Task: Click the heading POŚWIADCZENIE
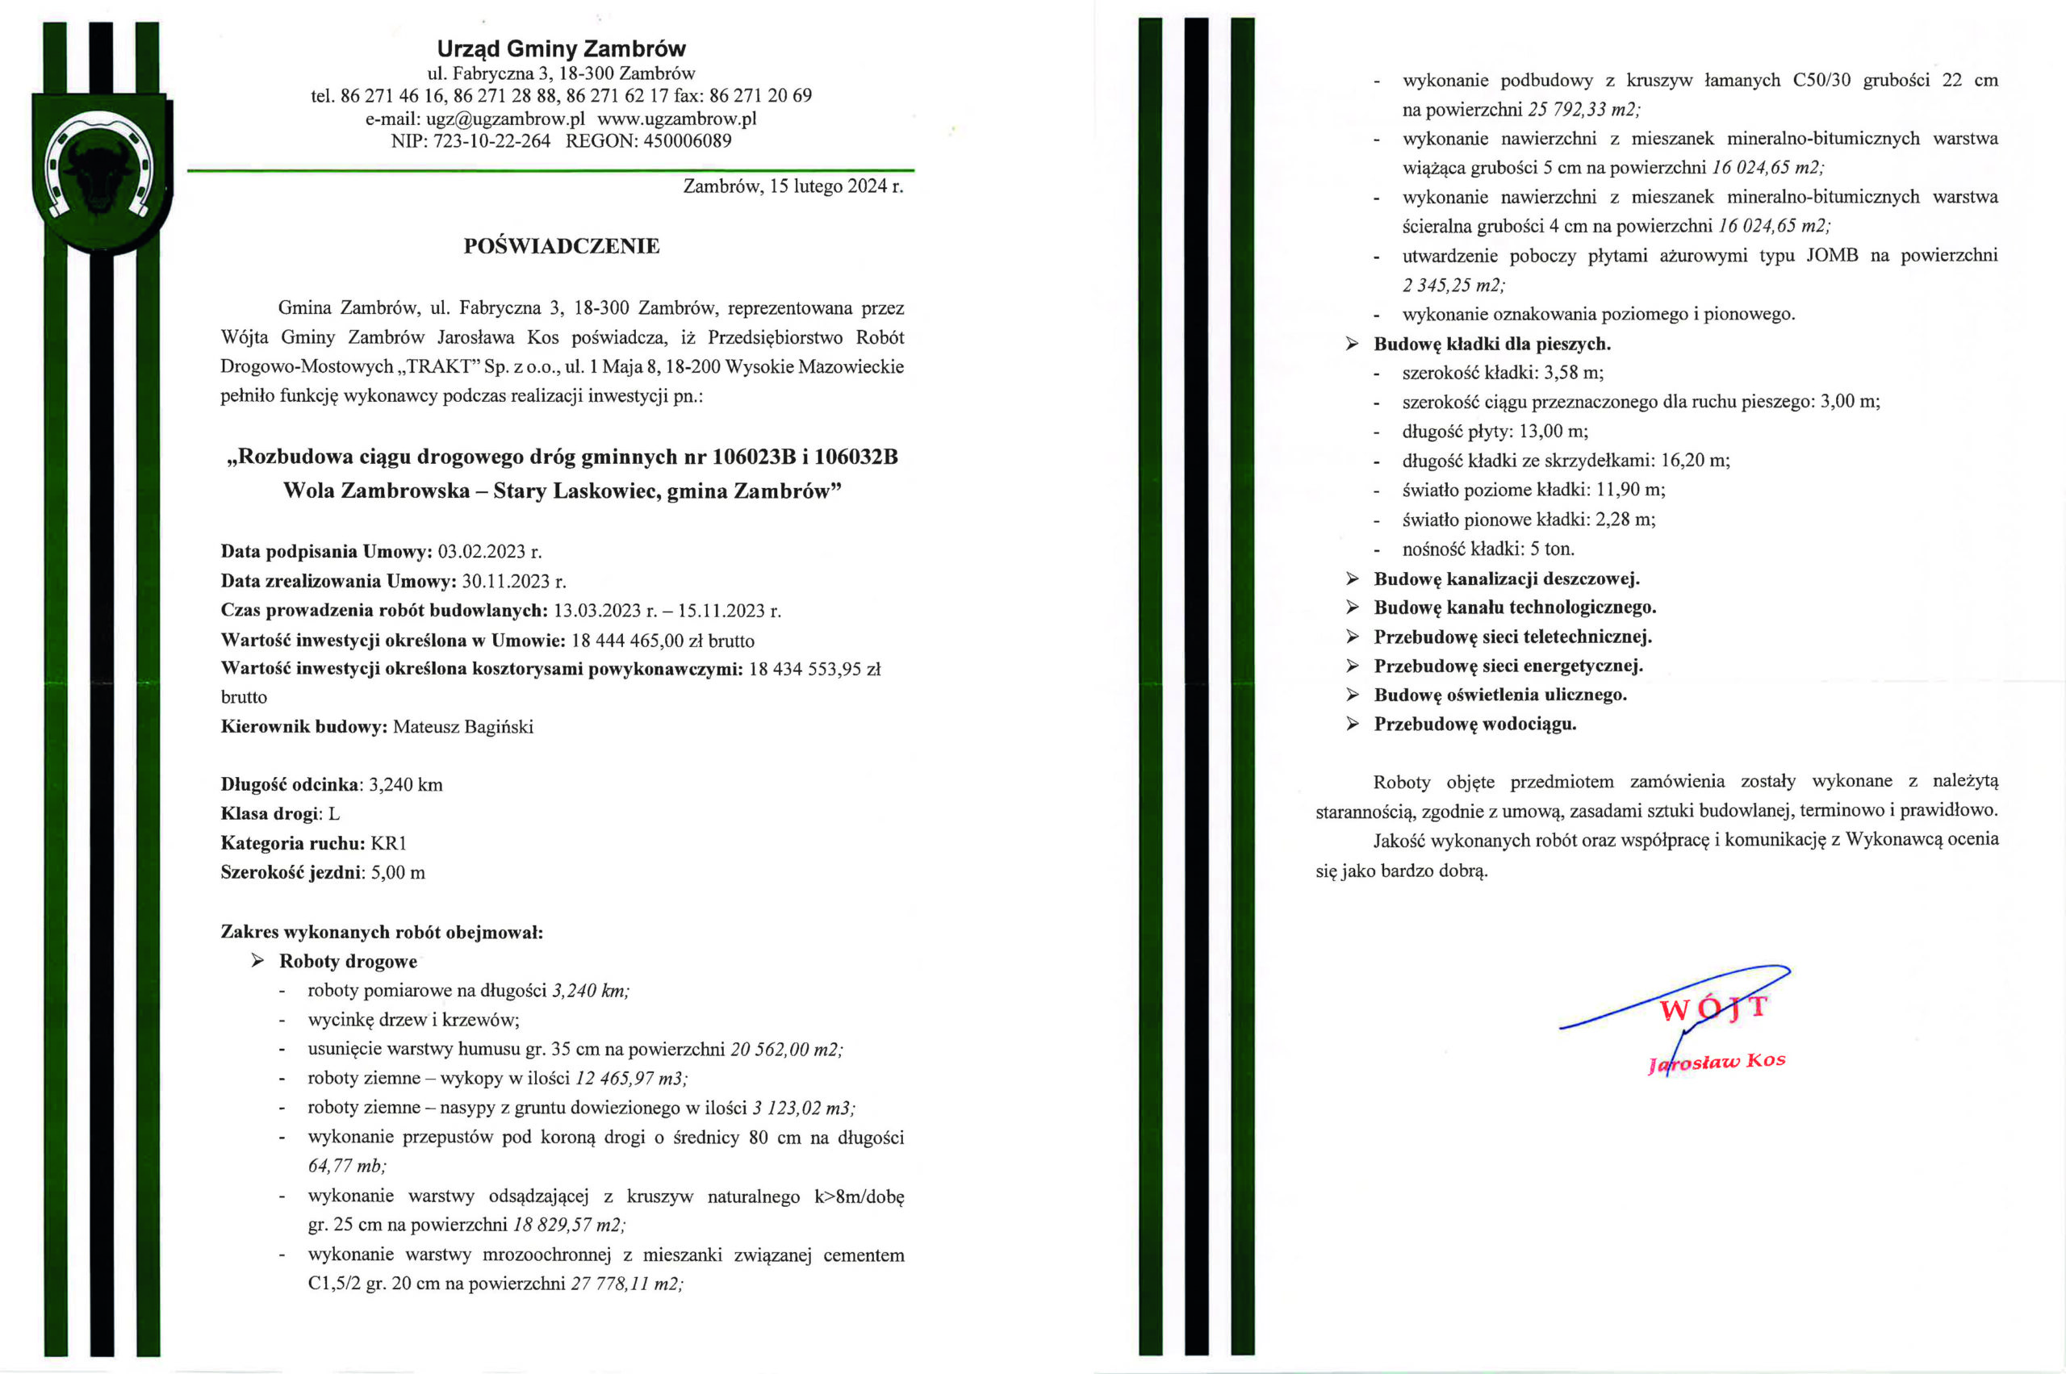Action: click(x=561, y=246)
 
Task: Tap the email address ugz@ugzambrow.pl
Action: click(x=505, y=119)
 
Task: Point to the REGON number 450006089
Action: click(x=688, y=141)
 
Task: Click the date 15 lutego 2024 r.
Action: click(x=836, y=186)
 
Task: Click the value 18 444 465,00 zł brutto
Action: click(x=663, y=641)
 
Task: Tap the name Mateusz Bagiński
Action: click(x=462, y=727)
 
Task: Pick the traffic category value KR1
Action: click(x=389, y=844)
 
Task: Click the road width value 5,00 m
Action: click(x=398, y=873)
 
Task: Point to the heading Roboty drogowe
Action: click(x=348, y=961)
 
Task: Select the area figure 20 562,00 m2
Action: click(x=786, y=1049)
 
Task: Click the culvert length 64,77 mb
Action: click(x=346, y=1167)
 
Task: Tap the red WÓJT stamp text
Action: click(x=1713, y=1009)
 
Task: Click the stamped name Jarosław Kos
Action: click(x=1717, y=1061)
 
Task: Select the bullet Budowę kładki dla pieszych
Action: click(x=1492, y=344)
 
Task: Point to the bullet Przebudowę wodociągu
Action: click(x=1474, y=724)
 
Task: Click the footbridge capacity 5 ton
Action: click(x=1551, y=549)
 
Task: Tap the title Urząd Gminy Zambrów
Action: click(x=561, y=49)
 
